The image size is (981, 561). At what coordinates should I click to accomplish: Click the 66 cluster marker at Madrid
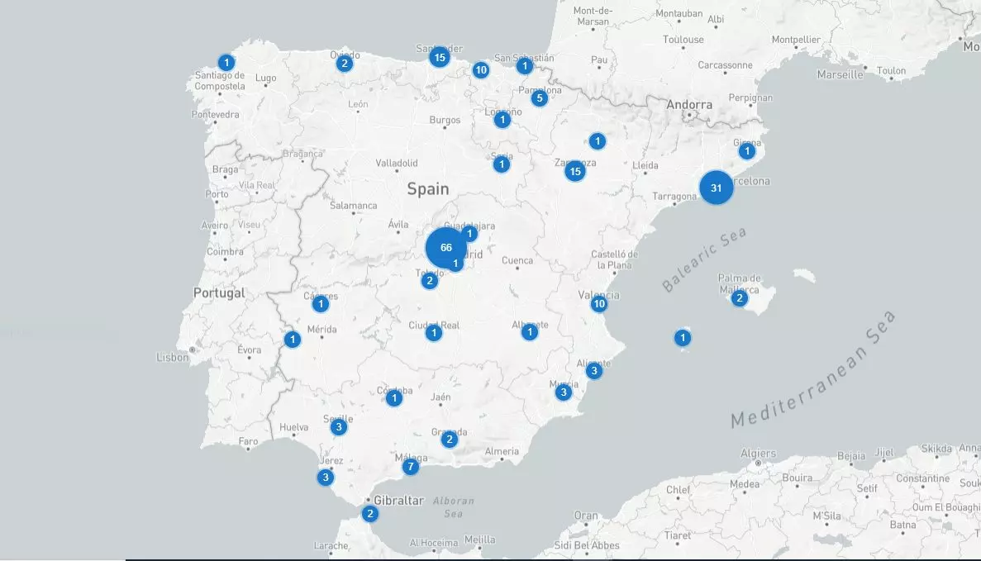(x=446, y=247)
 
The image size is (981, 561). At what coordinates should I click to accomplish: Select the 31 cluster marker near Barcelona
(x=716, y=188)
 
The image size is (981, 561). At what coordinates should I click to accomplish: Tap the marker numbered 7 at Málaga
(x=410, y=467)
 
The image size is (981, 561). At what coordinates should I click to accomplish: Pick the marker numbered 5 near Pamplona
(x=539, y=98)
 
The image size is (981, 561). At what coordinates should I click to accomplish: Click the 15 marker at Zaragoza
(x=574, y=171)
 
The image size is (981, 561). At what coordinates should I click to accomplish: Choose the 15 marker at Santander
(x=439, y=57)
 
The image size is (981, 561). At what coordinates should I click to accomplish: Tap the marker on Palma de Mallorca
(x=739, y=297)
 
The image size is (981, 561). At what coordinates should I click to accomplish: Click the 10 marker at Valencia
(x=599, y=304)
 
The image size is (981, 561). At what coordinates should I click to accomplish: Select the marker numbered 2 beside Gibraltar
(x=369, y=514)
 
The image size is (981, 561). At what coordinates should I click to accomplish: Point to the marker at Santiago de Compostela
(x=226, y=62)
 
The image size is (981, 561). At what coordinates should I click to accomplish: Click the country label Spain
(x=428, y=189)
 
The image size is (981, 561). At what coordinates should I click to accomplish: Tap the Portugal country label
(x=219, y=292)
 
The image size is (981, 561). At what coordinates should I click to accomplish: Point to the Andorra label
(x=689, y=105)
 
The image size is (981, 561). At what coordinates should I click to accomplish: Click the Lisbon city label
(x=173, y=358)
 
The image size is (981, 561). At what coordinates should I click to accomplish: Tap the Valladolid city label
(x=397, y=163)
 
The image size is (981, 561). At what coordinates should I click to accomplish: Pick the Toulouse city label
(x=683, y=40)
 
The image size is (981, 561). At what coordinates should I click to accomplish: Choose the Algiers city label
(x=758, y=453)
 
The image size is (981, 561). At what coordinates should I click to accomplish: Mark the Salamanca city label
(x=353, y=206)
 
